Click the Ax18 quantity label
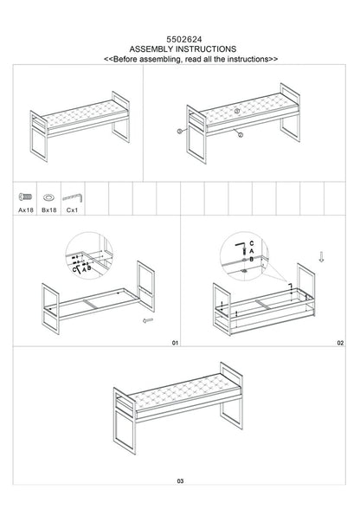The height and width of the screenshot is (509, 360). point(25,208)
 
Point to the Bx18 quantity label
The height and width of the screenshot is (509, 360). point(48,208)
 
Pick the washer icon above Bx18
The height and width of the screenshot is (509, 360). point(48,197)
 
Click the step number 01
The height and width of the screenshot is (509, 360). point(173,344)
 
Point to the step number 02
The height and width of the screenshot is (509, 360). point(340,344)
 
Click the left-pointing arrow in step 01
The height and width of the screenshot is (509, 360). point(148,319)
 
